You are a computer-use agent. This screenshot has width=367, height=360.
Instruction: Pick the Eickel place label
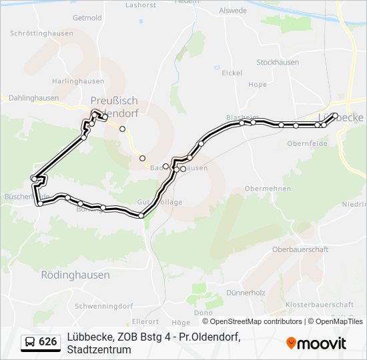232,73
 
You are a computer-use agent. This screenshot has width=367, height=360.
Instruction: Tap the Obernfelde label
306,143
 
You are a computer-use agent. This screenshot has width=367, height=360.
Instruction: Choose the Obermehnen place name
268,189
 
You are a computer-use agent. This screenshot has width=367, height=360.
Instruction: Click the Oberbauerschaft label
300,249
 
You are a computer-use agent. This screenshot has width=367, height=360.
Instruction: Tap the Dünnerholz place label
246,293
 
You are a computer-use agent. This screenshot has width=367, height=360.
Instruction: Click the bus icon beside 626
30,342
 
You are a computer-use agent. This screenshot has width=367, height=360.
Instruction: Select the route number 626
48,342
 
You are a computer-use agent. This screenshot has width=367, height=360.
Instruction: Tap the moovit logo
316,343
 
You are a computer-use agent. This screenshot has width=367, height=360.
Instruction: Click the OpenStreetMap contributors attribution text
256,321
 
